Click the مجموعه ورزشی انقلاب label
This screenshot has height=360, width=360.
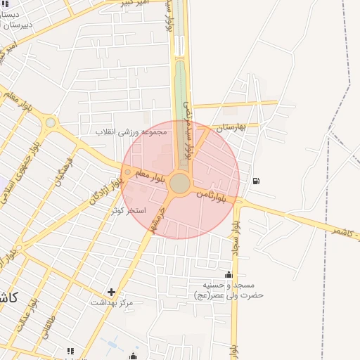[x=132, y=131]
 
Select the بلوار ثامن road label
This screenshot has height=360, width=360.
[x=212, y=195]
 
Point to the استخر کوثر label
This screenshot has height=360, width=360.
[x=128, y=210]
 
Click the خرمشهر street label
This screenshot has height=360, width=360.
[x=157, y=220]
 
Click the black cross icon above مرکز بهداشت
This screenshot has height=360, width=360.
[x=111, y=291]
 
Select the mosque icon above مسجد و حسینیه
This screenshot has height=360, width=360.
[x=229, y=274]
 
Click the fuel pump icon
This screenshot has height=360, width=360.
[x=255, y=181]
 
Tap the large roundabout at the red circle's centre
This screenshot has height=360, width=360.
[x=180, y=183]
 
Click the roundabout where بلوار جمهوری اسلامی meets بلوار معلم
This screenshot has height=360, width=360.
[x=50, y=123]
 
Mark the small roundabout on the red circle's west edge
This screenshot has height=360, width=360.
[x=127, y=172]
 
